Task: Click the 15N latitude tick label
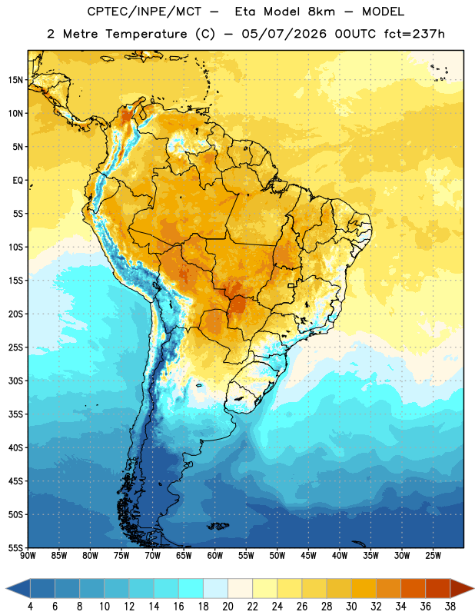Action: click(15, 80)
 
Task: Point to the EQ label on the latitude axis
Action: click(18, 181)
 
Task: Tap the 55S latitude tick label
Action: click(15, 547)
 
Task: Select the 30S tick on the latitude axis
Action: click(15, 381)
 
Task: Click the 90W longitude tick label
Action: click(28, 556)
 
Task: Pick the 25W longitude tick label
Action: click(433, 556)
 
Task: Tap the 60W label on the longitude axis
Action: click(215, 556)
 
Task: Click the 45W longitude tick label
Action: click(308, 556)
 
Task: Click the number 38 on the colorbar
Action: click(450, 607)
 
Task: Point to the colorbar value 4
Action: click(30, 607)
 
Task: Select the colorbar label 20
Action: click(228, 607)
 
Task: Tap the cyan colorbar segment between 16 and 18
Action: click(191, 588)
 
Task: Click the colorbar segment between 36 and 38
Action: click(438, 588)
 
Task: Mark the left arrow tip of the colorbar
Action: click(6, 588)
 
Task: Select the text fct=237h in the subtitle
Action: click(414, 34)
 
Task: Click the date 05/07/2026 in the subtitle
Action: click(284, 34)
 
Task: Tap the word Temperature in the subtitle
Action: click(146, 34)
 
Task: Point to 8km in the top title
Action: click(321, 12)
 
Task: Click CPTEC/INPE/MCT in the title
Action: click(144, 12)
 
